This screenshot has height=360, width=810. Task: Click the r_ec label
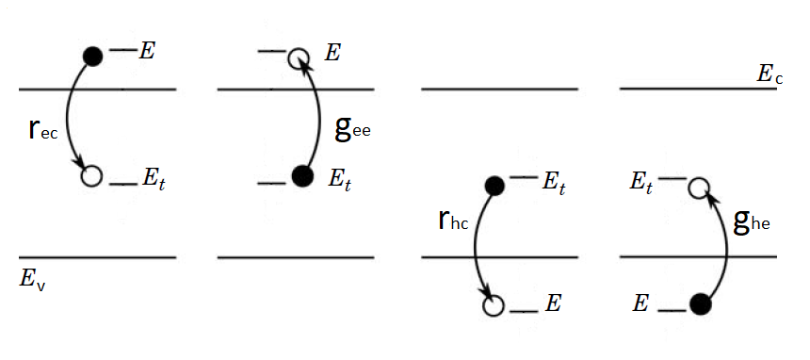tap(43, 130)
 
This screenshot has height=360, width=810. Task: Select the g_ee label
tap(353, 128)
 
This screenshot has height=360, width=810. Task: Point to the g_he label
tap(752, 221)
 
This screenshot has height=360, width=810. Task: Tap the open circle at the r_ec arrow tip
tap(91, 175)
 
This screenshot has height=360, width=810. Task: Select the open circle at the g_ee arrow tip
tap(300, 57)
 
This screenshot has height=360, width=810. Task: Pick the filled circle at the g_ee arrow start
tap(301, 175)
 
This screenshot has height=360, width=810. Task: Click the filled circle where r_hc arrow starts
tap(492, 186)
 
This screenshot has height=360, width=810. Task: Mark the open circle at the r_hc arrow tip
tap(493, 305)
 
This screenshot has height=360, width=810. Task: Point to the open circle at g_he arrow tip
tap(698, 187)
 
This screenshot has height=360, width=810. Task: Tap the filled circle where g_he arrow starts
tap(700, 304)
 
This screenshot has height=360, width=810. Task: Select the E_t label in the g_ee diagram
tap(340, 178)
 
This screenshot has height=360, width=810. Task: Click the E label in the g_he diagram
tap(640, 303)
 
